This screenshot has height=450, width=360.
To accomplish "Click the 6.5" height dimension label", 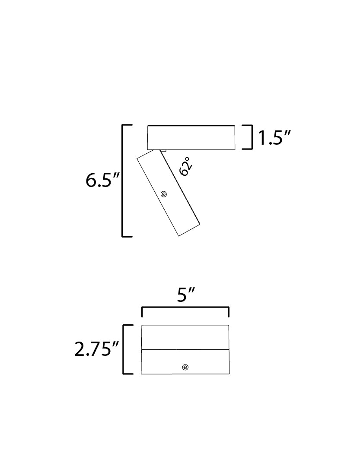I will click(102, 181).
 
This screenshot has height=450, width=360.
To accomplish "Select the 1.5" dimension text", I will click(274, 138).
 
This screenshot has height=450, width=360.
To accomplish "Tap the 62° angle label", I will click(185, 167).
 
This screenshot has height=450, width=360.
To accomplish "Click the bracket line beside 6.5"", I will click(123, 181).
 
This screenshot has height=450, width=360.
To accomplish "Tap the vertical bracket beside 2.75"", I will click(124, 349).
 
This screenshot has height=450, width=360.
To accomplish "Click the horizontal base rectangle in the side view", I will click(191, 137).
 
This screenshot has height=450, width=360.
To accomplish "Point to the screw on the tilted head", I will click(164, 194).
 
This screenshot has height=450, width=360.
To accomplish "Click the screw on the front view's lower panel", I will click(185, 367).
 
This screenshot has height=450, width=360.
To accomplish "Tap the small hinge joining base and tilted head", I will click(163, 150).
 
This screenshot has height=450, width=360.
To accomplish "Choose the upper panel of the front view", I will click(185, 337).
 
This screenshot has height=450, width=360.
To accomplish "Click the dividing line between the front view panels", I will click(185, 349).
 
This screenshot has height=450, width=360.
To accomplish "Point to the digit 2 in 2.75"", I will click(80, 350).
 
